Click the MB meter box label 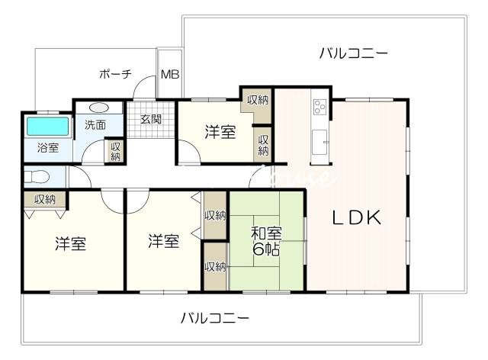[x=170, y=75]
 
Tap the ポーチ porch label [x=115, y=74]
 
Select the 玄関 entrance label [x=151, y=119]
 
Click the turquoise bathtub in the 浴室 [x=47, y=126]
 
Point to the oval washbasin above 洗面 [x=98, y=108]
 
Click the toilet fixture [x=37, y=178]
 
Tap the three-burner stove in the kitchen [x=319, y=107]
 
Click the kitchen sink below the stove [x=319, y=142]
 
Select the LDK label [x=357, y=217]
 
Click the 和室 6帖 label [x=266, y=241]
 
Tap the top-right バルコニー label [x=354, y=53]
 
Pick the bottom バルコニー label [x=215, y=318]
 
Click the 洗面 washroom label [x=95, y=125]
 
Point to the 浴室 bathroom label [x=48, y=147]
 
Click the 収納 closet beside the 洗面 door [x=115, y=152]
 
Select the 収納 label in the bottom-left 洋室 [x=45, y=199]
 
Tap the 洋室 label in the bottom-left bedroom [x=71, y=243]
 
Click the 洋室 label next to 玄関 [x=220, y=132]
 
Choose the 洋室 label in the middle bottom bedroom [x=163, y=241]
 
